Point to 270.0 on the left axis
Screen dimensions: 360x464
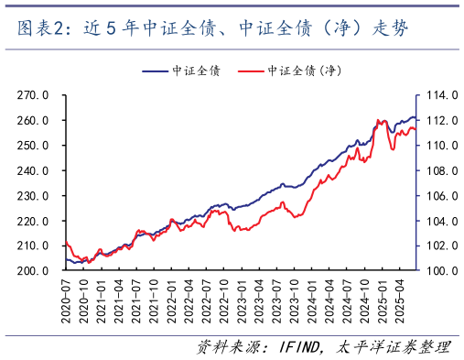34,94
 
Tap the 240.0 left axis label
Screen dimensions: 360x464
34,170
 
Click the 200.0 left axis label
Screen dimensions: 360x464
34,271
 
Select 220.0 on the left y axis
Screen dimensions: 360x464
34,221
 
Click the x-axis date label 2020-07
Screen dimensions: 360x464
66,302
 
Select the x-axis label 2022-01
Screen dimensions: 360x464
171,302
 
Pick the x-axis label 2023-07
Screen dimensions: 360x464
276,302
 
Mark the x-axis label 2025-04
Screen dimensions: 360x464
399,302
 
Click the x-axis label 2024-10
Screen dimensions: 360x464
364,302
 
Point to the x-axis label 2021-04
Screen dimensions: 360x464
119,302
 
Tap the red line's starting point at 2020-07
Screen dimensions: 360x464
66,242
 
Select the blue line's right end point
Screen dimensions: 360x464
416,118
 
